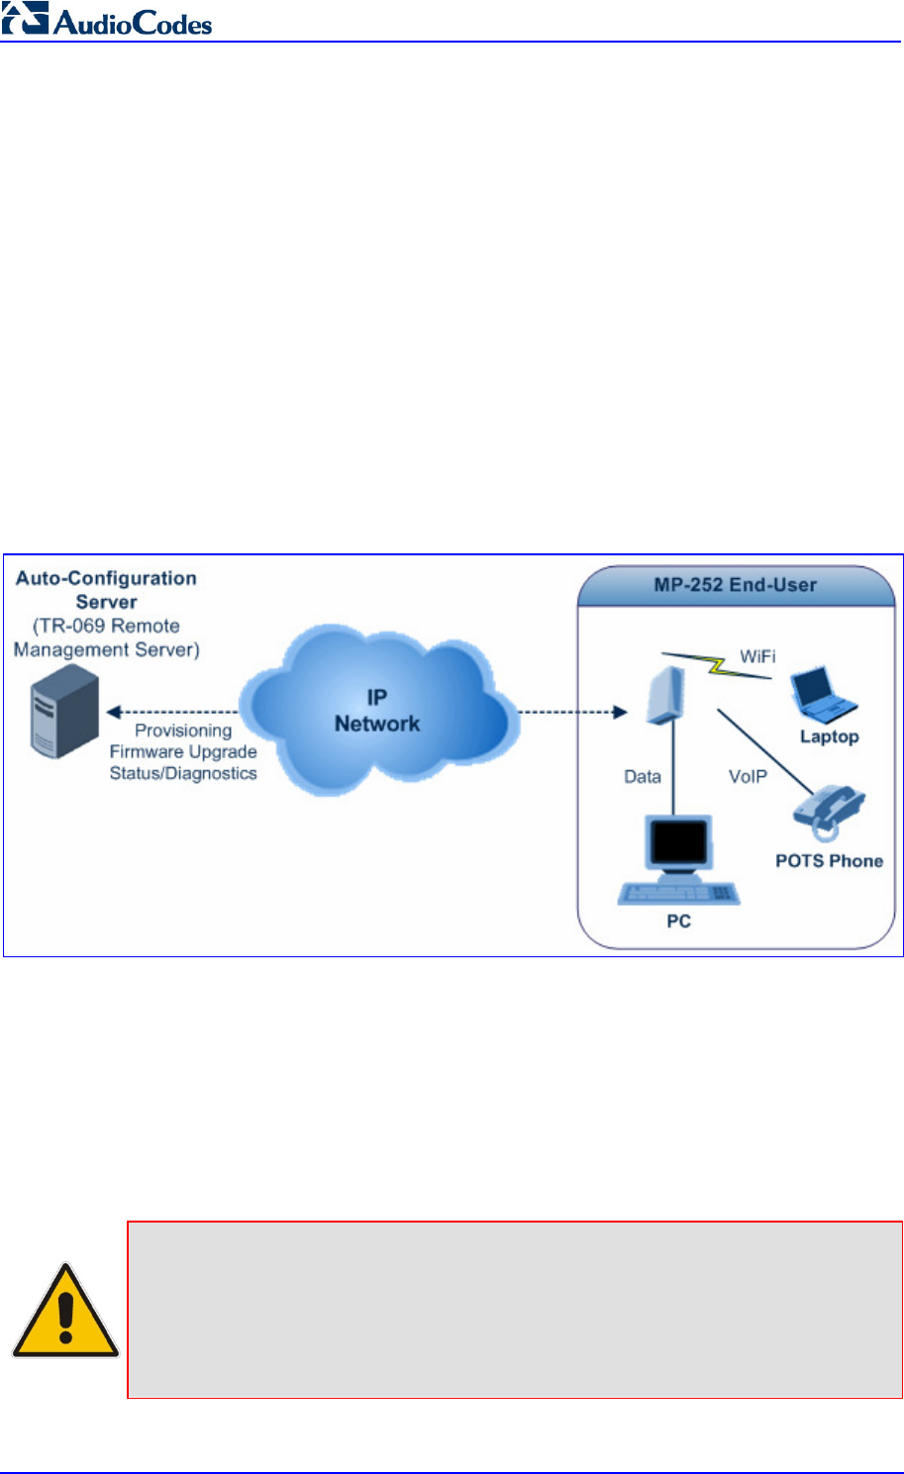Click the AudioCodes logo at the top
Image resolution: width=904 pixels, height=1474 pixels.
click(x=107, y=19)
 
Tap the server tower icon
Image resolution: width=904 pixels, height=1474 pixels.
click(x=64, y=711)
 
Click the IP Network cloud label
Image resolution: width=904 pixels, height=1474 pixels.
click(x=376, y=711)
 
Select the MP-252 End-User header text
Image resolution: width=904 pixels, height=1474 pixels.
click(x=735, y=585)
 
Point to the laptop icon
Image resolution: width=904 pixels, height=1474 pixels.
click(x=824, y=696)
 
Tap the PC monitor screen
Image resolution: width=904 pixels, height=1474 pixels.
click(x=678, y=841)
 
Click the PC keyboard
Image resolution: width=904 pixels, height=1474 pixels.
click(x=678, y=894)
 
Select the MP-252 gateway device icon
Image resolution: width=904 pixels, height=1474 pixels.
click(x=665, y=696)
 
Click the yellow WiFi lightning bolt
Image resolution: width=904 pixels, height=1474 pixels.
click(x=716, y=665)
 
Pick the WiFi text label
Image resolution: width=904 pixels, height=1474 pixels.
click(x=757, y=656)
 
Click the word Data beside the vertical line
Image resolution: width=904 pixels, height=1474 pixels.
click(x=642, y=777)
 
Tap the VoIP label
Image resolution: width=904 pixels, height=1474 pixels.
click(x=748, y=777)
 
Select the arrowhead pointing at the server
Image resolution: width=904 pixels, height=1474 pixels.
click(x=113, y=712)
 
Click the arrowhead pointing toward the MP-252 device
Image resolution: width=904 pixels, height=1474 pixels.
click(x=620, y=712)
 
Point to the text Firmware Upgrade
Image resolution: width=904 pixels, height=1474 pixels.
click(x=183, y=752)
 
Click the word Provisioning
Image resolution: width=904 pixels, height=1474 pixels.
click(x=183, y=732)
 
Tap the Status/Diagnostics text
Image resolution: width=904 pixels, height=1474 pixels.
click(x=183, y=773)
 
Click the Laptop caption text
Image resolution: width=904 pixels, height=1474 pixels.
click(x=829, y=737)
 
